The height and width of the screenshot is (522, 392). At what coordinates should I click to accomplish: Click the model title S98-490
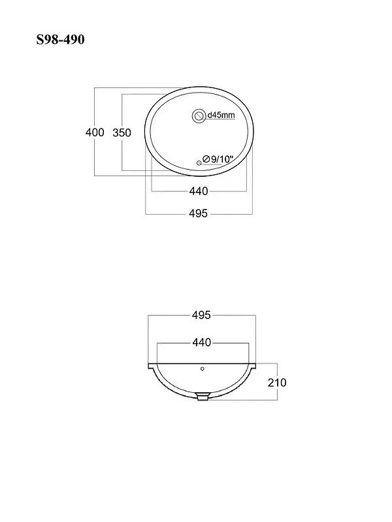(60, 40)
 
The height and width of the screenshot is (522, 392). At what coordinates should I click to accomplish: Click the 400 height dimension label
(95, 132)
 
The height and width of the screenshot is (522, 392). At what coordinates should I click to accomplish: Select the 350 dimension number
(122, 133)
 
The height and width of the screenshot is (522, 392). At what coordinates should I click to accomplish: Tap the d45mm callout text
(221, 115)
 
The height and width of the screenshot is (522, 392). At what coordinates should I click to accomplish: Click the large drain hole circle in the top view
(199, 116)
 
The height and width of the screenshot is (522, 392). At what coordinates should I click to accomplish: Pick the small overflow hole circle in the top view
(199, 162)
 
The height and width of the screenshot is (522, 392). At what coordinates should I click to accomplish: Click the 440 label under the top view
(199, 191)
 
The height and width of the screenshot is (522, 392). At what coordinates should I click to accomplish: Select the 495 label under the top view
(198, 213)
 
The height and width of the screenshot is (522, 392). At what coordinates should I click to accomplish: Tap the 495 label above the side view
(201, 315)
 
